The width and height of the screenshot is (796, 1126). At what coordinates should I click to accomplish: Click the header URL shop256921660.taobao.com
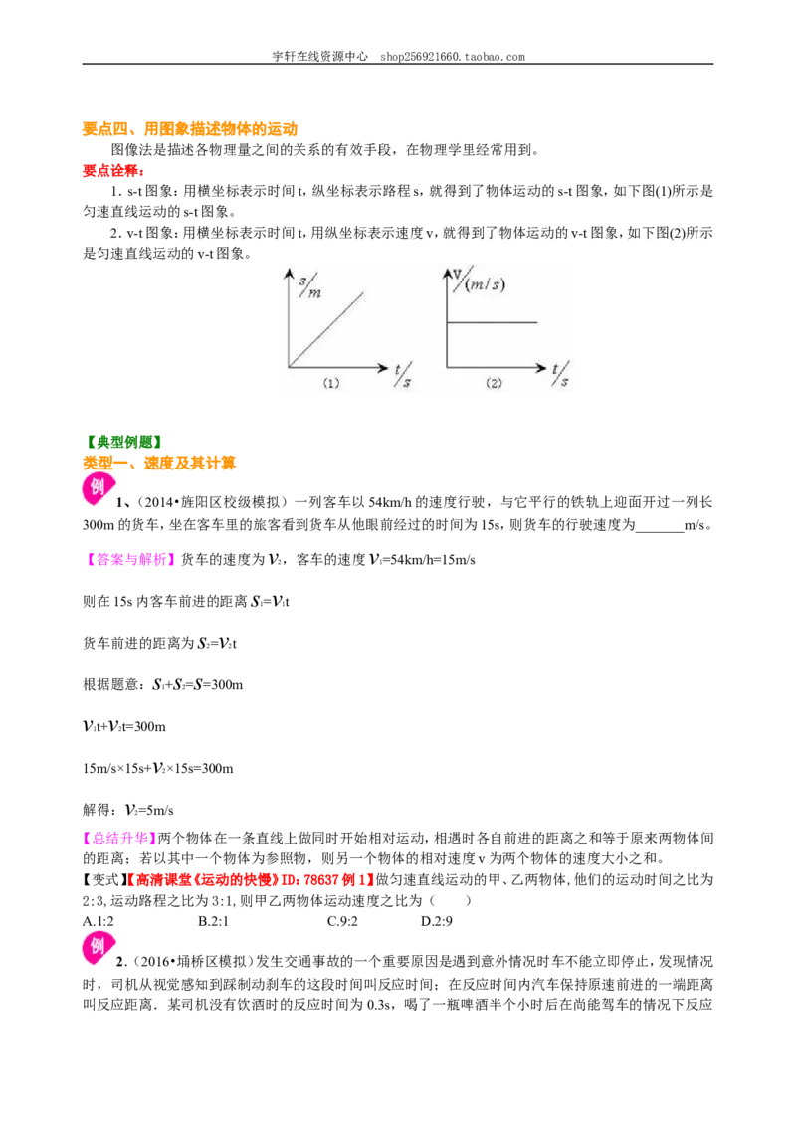tap(453, 57)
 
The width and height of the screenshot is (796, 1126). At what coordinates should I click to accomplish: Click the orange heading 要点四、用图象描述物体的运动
tap(190, 129)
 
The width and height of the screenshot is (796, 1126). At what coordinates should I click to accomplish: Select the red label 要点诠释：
tap(113, 171)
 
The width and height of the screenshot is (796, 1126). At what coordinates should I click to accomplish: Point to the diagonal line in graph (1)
tap(326, 329)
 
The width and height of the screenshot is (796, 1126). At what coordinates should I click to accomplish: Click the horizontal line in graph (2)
tap(493, 322)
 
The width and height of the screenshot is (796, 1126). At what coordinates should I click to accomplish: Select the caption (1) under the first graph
tap(331, 384)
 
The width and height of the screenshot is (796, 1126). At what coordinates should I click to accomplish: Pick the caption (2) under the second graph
tap(495, 384)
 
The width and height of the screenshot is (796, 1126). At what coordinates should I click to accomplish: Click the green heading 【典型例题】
tap(122, 442)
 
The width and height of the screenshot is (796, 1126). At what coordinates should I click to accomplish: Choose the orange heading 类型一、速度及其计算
tap(159, 464)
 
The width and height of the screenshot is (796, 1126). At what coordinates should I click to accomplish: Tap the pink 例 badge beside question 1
tap(97, 487)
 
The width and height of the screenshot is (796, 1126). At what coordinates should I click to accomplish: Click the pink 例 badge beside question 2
tap(98, 947)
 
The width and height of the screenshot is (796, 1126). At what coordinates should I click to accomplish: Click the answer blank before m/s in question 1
tap(660, 525)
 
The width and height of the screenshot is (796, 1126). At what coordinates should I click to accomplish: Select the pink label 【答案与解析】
tap(129, 560)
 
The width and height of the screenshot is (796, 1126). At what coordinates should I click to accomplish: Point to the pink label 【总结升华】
tap(120, 839)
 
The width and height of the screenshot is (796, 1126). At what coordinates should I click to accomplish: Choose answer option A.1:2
tap(99, 921)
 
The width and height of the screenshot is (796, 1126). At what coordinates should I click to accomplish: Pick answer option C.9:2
tap(342, 921)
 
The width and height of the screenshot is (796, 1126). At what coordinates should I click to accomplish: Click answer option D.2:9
tap(437, 921)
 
